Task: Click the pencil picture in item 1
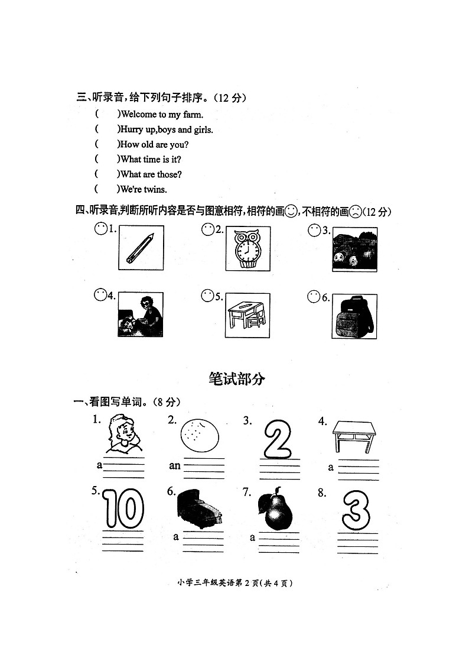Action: tap(140, 248)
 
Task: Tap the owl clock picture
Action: tap(247, 249)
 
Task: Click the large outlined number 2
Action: tap(278, 439)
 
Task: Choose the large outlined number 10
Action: tap(124, 508)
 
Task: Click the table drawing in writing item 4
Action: tap(354, 436)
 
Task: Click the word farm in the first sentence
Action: tap(193, 115)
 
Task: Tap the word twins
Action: tap(155, 190)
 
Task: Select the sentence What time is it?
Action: tap(151, 160)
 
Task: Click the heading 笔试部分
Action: tap(237, 379)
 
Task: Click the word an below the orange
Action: tap(175, 465)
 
